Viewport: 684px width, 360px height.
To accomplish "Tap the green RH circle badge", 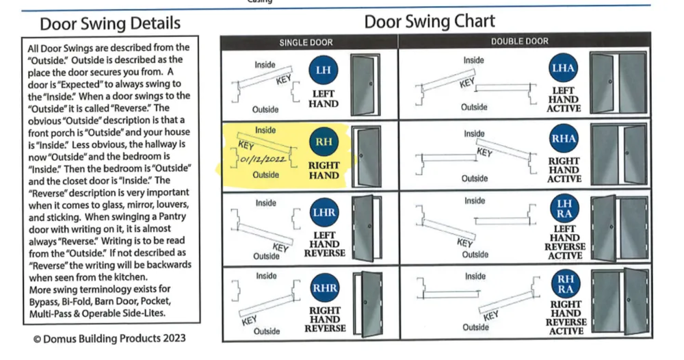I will pos(324,141).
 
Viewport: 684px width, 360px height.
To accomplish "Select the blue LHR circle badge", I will pos(324,212).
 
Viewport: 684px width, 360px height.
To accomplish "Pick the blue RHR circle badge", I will pos(324,287).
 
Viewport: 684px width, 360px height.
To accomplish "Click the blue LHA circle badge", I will pos(563,68).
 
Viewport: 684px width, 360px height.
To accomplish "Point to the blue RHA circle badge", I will pos(564,138).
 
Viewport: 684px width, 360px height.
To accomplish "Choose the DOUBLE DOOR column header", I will pos(520,42).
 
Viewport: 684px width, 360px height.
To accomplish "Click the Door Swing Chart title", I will pos(430,21).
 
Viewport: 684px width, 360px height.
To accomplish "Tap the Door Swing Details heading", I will pos(109,23).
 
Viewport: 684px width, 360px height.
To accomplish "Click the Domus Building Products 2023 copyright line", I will pos(109,338).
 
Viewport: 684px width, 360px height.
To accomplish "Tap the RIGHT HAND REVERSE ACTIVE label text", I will pos(566,318).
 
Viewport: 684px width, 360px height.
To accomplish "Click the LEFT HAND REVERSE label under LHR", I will pos(324,244).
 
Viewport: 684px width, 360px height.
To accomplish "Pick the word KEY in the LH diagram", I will pos(284,80).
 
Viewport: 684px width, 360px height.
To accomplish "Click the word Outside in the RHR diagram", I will pos(267,331).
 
